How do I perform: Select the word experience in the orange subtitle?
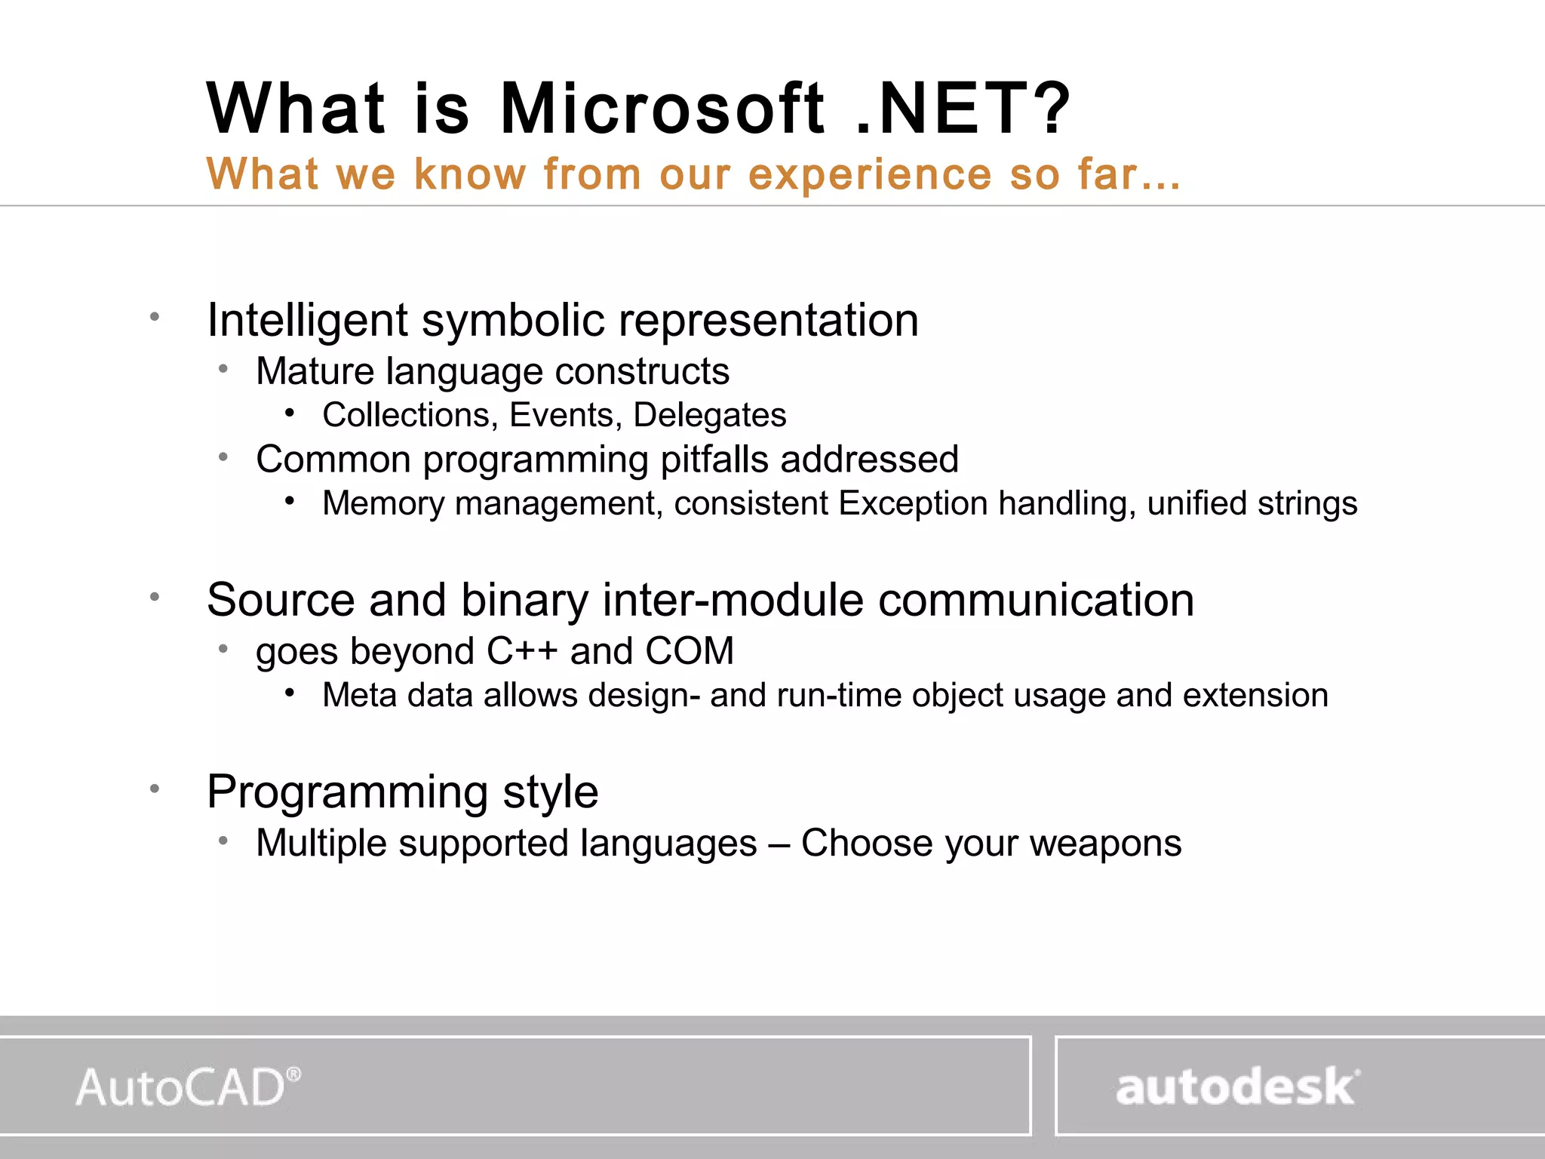pos(870,175)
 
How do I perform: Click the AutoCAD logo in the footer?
pos(188,1087)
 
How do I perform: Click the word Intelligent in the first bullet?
pos(307,321)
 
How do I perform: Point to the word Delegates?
pos(709,415)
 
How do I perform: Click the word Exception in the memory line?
pos(913,503)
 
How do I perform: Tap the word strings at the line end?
pos(1307,504)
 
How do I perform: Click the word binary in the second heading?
pos(524,601)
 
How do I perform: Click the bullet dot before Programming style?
pos(155,789)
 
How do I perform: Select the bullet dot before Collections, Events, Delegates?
pos(290,413)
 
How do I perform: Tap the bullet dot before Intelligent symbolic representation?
pos(155,317)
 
